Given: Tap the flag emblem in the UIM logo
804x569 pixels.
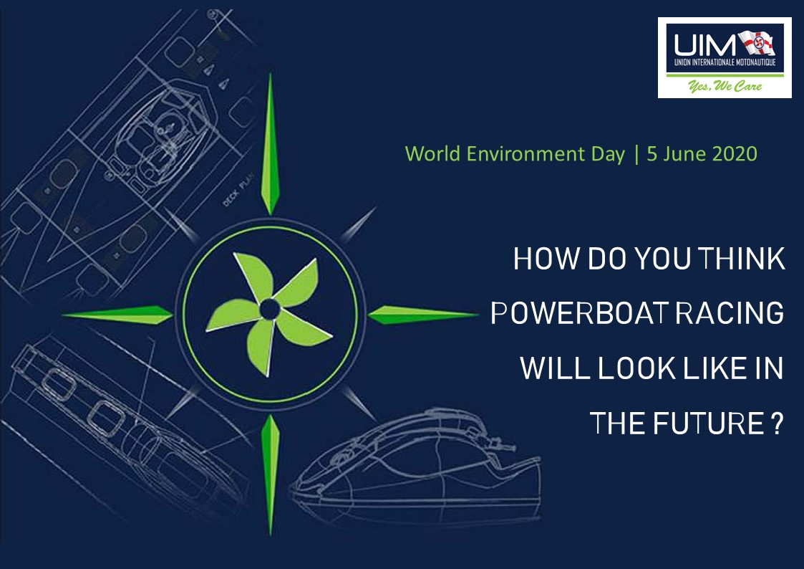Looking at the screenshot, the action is [757, 44].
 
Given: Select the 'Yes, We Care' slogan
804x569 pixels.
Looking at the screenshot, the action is [725, 86].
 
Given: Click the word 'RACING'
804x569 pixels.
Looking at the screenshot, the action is [730, 313].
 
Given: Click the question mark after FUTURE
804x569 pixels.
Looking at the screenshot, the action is [778, 424].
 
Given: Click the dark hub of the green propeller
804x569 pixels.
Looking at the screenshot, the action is [269, 309].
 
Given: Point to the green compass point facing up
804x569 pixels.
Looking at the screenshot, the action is [270, 146].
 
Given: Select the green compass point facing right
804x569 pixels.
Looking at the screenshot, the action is [422, 315].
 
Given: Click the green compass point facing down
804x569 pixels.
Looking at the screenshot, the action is [270, 474].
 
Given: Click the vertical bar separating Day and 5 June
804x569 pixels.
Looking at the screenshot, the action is [636, 154].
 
